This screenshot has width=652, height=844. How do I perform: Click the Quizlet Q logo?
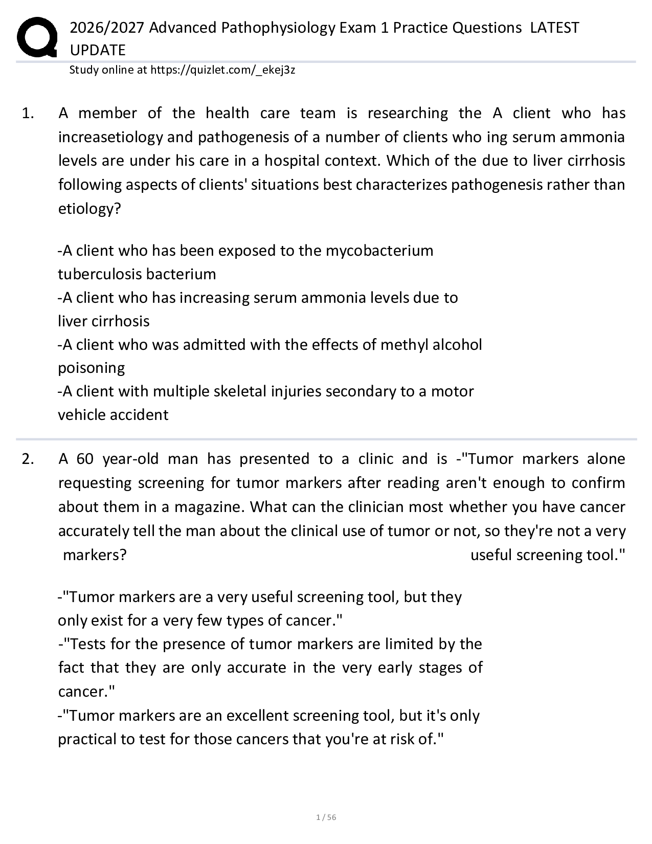[x=37, y=37]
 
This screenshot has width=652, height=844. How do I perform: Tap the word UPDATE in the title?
[x=97, y=50]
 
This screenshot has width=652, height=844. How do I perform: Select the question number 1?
[x=28, y=113]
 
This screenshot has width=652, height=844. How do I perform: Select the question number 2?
[x=28, y=459]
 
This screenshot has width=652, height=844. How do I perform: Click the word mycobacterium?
[x=379, y=251]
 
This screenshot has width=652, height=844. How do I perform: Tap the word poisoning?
[x=91, y=368]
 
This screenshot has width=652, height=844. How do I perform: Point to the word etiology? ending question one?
[x=89, y=209]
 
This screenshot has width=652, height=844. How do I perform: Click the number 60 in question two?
[x=85, y=459]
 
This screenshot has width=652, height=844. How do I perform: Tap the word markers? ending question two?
[x=95, y=555]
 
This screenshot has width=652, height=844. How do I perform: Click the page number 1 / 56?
[x=326, y=817]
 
